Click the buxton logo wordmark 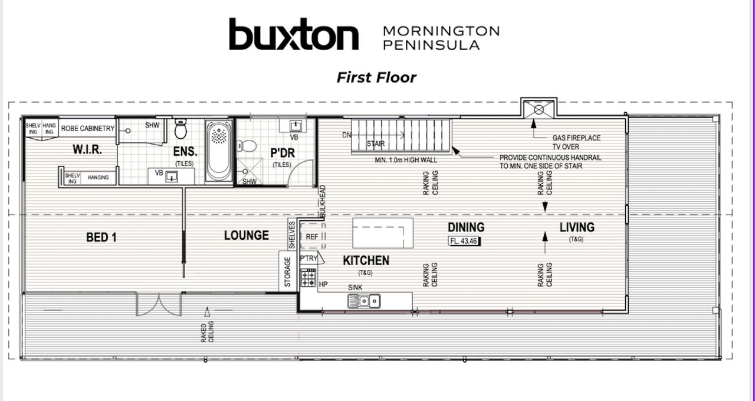coord(294,34)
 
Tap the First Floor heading coord(376,77)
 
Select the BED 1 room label coord(101,237)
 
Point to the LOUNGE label coord(247,235)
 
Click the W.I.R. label coord(87,149)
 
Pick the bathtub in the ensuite coord(219,152)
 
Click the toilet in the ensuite coord(180,129)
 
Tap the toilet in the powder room coord(247,146)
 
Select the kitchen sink coord(364,301)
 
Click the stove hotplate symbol coord(308,278)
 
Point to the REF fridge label coord(312,237)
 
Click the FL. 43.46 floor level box coord(464,241)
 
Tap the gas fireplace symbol coord(539,110)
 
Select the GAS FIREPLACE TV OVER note coord(576,142)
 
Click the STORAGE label coord(287,272)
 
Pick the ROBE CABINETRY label coord(88,128)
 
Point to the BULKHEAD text coord(323,201)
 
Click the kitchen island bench coord(383,233)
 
